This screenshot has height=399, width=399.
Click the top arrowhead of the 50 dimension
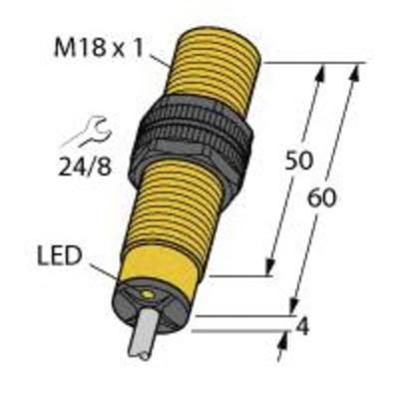[x=322, y=72]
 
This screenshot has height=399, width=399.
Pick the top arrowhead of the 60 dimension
[x=354, y=72]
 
